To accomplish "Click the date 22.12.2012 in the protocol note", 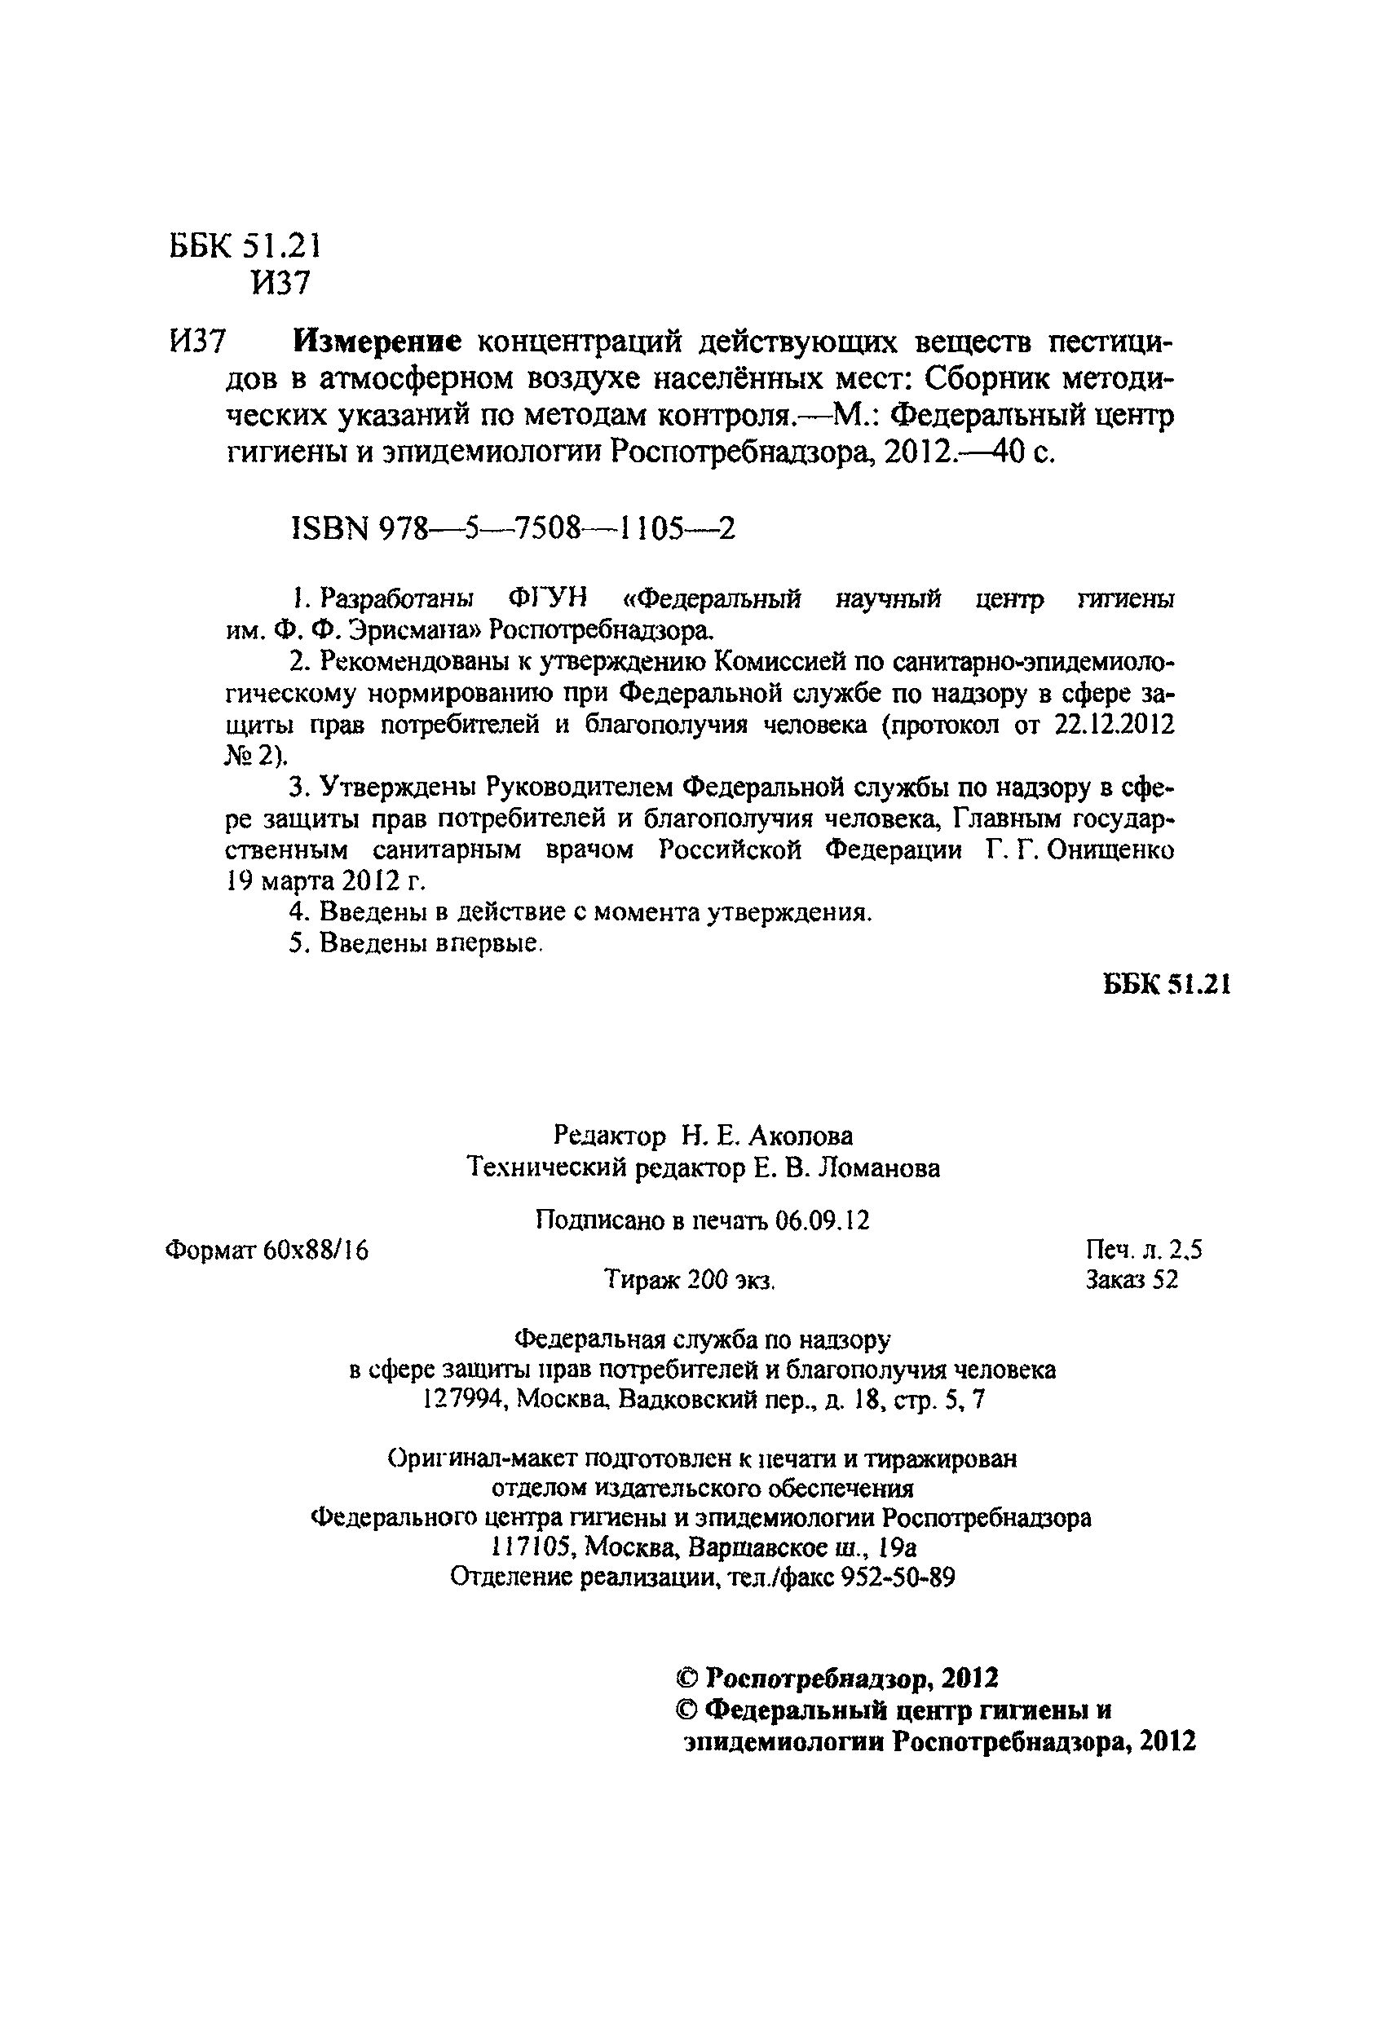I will [1114, 725].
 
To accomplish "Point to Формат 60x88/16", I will [266, 1251].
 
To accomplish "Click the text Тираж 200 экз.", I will [690, 1280].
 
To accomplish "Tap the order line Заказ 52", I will [1132, 1279].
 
